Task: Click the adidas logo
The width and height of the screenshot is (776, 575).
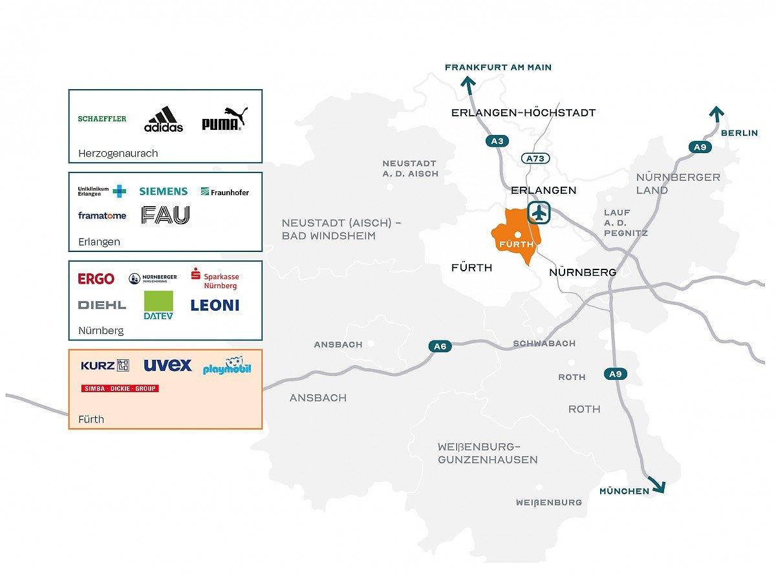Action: (x=164, y=119)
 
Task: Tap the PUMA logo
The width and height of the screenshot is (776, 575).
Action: (x=224, y=119)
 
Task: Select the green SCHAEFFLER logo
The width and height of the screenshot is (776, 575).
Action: (x=102, y=119)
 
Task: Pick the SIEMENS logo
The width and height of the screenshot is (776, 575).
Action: (x=164, y=191)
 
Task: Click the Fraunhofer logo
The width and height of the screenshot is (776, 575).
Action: (x=224, y=192)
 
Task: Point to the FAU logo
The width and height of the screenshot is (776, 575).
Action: (x=165, y=214)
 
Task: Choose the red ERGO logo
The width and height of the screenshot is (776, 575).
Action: (x=96, y=278)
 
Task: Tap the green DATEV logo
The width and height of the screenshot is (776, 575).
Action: (x=158, y=305)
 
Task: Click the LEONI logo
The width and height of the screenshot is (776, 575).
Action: (x=215, y=305)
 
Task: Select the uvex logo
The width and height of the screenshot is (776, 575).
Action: (x=167, y=365)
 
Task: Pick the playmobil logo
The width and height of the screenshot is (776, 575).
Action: (x=227, y=366)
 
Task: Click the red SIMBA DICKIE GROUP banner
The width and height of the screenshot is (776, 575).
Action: (x=120, y=388)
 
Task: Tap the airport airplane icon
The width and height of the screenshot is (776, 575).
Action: (x=539, y=212)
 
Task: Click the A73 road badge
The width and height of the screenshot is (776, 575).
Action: (x=535, y=158)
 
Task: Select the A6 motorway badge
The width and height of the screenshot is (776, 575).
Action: (x=440, y=346)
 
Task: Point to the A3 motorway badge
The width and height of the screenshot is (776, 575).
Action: (x=497, y=141)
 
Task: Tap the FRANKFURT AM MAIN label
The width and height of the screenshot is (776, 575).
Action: (x=498, y=67)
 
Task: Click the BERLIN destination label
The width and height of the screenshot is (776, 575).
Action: (x=739, y=133)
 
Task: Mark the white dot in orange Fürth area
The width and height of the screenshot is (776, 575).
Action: (x=518, y=234)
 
